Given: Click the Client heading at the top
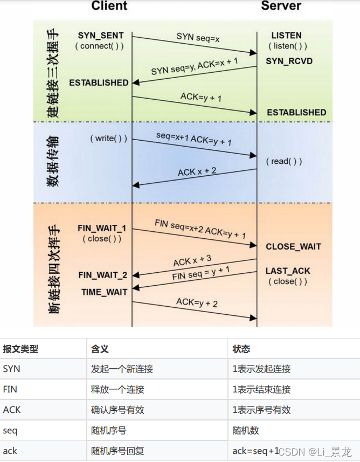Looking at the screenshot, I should (x=109, y=6).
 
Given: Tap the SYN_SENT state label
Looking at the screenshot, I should (x=101, y=35).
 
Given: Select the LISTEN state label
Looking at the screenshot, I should (x=286, y=36).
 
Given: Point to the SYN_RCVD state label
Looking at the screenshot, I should (x=289, y=61).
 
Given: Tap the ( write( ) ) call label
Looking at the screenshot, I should (x=108, y=139).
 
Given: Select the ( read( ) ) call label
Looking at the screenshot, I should (x=283, y=161).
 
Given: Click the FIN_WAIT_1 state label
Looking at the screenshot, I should (x=102, y=228).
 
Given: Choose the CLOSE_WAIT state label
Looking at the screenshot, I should (x=293, y=246).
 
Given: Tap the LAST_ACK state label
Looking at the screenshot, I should (x=288, y=271).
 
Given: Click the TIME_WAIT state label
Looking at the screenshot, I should (x=105, y=292).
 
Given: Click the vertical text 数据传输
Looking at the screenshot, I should (x=53, y=161).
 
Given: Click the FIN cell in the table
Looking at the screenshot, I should (x=10, y=389).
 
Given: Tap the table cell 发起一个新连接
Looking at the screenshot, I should (x=122, y=369).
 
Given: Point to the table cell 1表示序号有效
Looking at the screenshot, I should (x=261, y=410).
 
